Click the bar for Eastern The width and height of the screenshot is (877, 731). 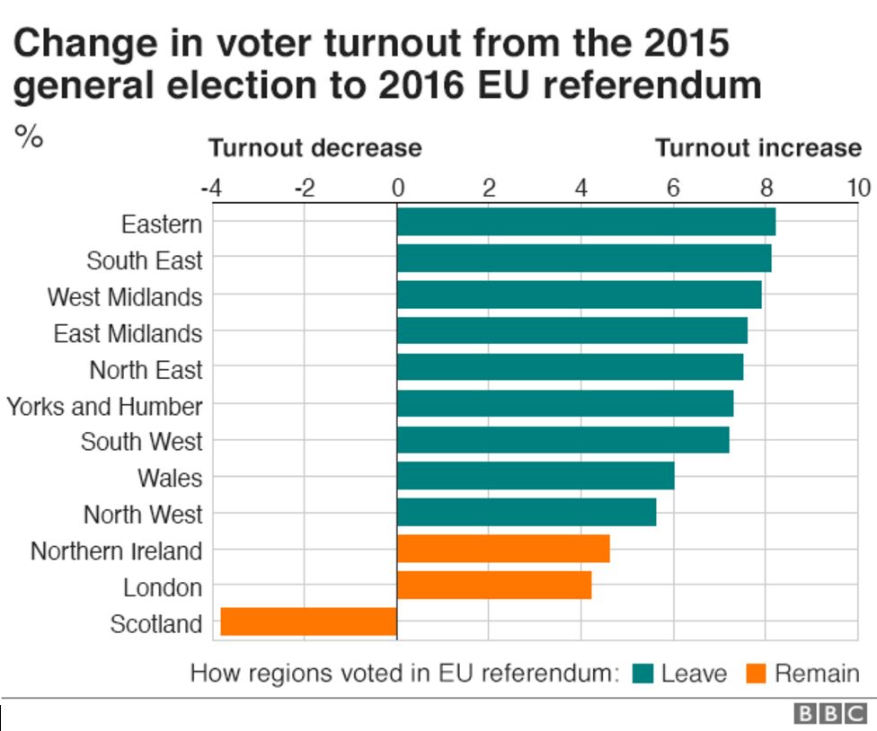585,222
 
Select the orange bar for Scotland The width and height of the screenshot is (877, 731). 308,621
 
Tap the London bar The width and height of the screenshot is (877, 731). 493,586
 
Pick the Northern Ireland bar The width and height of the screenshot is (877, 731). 502,549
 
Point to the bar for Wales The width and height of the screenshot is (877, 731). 535,476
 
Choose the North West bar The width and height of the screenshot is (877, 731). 526,513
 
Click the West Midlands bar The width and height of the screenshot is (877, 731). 579,295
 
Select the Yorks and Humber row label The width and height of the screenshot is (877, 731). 104,406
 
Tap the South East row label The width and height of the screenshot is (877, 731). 144,260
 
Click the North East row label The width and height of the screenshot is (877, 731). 146,369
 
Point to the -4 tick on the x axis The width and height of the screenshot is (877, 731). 211,188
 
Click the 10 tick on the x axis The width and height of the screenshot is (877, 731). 858,188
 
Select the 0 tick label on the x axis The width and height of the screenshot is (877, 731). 396,188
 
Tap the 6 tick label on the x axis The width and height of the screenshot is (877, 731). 673,188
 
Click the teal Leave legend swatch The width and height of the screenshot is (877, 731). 642,674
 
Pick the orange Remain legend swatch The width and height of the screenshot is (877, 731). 756,674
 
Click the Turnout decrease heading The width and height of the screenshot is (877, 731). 314,147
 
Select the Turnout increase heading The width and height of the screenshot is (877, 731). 757,147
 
